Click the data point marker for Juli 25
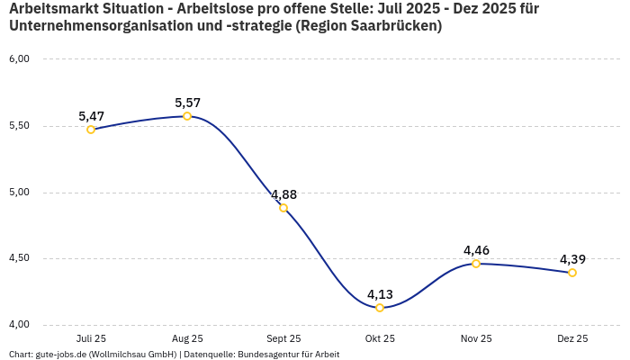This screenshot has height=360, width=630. coord(91,130)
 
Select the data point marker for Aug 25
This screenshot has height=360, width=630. coord(187,116)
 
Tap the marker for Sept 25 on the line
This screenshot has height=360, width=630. coord(283,208)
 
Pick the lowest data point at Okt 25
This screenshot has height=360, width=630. coord(380,308)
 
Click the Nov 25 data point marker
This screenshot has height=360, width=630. coord(476,264)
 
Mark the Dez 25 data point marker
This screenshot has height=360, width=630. coord(572,273)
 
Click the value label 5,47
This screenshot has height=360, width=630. coord(91,116)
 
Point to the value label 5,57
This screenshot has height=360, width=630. coord(187,103)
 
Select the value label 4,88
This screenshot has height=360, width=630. coord(283,194)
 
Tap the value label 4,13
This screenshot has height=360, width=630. coord(380,294)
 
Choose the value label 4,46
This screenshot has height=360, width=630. coord(476,250)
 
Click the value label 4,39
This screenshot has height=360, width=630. coord(572,259)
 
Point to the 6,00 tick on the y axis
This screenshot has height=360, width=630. coord(19,59)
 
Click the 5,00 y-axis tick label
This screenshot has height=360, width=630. coord(19,192)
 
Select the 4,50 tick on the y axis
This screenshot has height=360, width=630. coord(19,258)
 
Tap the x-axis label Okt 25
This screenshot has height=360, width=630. coord(380,338)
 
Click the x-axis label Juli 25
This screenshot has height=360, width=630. coord(91,338)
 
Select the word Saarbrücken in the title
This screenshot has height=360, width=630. coord(392,26)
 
